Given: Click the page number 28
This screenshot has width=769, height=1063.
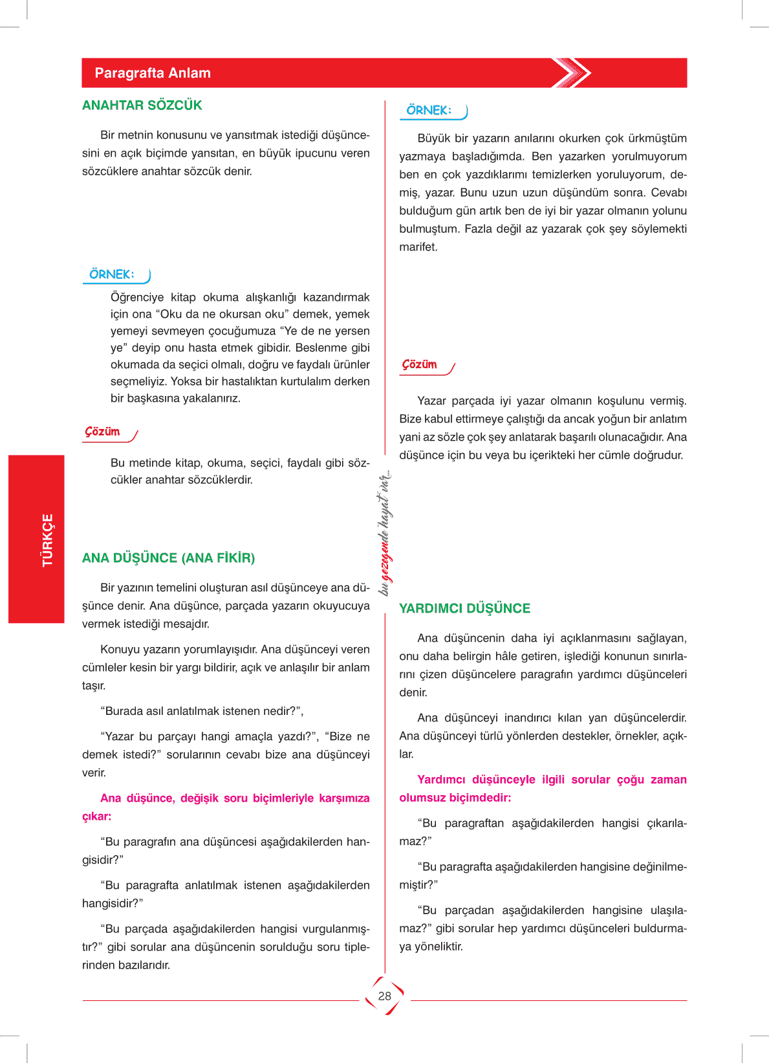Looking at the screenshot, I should click(x=385, y=996).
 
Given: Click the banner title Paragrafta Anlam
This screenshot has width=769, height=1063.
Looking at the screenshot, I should click(x=153, y=73).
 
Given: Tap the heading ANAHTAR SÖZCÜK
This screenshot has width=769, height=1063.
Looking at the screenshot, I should click(x=142, y=105).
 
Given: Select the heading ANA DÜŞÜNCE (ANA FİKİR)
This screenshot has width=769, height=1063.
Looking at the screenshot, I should click(x=168, y=558).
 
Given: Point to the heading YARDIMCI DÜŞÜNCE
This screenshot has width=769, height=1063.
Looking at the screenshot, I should click(x=464, y=608).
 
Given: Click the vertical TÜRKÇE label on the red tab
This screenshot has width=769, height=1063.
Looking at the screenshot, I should click(x=48, y=540).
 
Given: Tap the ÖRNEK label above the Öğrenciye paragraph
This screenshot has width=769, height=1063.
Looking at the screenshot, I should click(x=112, y=274).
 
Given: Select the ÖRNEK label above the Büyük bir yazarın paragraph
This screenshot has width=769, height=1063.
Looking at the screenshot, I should click(x=429, y=110).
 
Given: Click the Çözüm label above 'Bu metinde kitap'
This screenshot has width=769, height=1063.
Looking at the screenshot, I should click(x=103, y=432).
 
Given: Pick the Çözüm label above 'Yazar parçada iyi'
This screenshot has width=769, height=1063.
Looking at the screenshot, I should click(x=420, y=364).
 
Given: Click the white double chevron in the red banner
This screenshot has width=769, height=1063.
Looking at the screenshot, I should click(x=572, y=73).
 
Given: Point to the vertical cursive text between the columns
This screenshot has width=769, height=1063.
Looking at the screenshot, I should click(x=385, y=532).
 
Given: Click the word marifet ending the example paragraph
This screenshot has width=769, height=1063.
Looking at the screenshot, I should click(x=418, y=247).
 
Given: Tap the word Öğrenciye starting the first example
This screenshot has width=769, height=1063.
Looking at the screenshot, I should click(x=137, y=298).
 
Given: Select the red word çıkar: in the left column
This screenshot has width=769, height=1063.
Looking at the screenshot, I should click(x=96, y=816).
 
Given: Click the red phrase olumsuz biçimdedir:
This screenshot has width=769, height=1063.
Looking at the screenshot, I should click(x=455, y=798).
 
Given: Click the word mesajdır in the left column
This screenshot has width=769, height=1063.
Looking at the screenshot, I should click(x=188, y=624).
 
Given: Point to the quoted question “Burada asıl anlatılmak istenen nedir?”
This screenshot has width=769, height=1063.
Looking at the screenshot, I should click(x=202, y=711).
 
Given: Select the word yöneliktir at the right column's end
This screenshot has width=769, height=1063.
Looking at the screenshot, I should click(x=439, y=947).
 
